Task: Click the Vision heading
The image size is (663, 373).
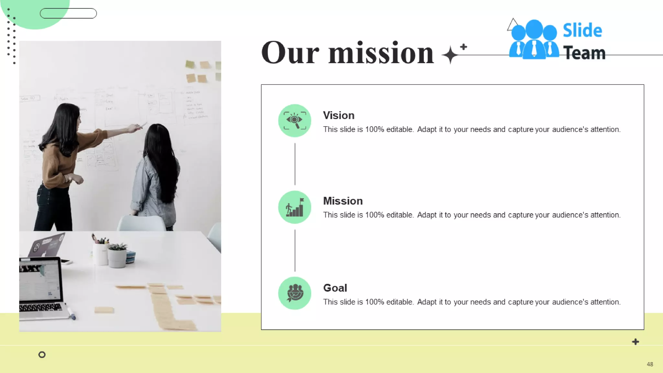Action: point(339,116)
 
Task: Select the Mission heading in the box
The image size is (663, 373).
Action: point(343,201)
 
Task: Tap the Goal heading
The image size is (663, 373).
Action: point(335,288)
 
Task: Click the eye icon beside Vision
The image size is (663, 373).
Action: point(295,120)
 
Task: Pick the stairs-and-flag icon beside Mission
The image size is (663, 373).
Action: point(295,207)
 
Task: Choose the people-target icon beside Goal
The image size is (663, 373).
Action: point(295,293)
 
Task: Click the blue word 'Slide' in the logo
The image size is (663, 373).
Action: point(582,31)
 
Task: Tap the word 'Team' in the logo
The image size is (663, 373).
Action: point(584,53)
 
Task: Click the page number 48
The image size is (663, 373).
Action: point(650,364)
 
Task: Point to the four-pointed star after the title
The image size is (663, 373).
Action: point(450,55)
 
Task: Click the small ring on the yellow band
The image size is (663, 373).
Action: point(42,355)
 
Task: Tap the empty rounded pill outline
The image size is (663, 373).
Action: point(68,13)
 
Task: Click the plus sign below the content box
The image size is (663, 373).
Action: point(635,342)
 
